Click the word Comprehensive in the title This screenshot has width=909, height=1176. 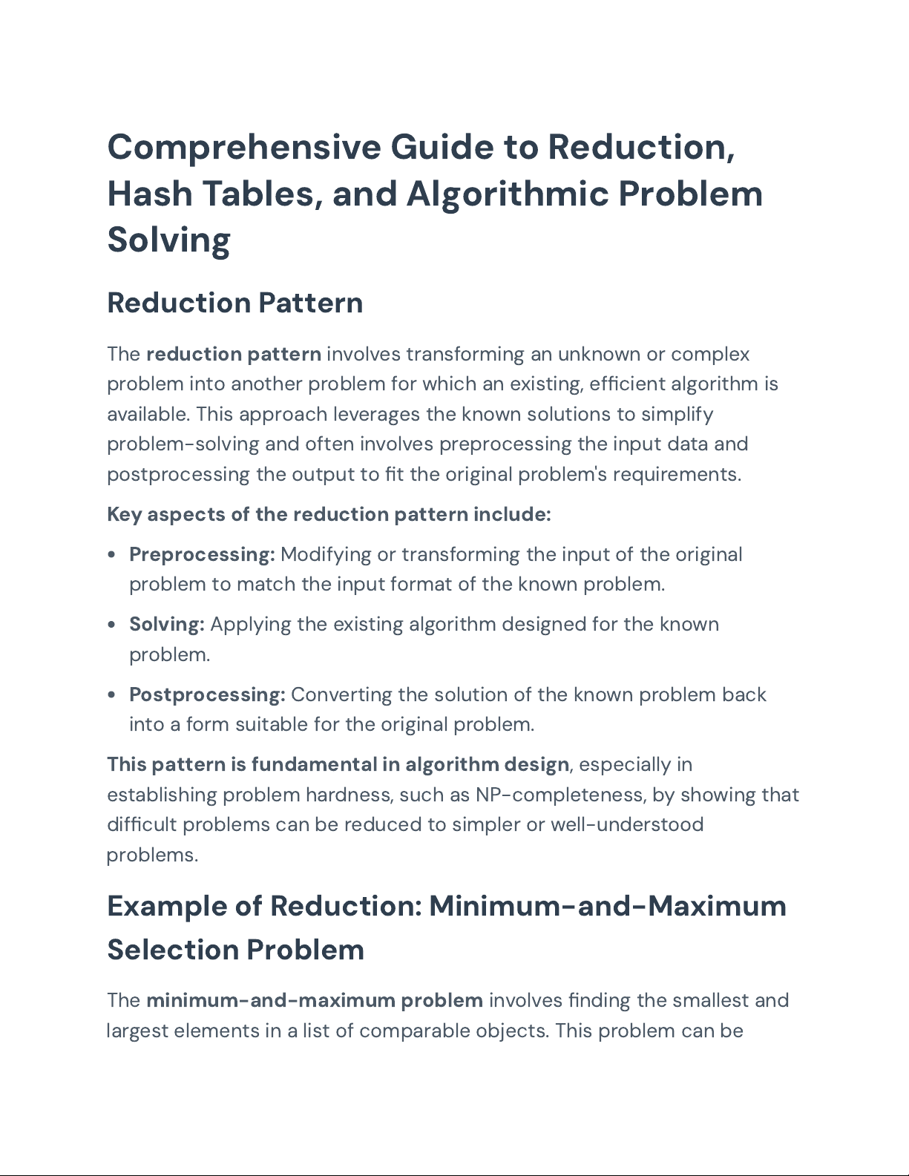tap(244, 147)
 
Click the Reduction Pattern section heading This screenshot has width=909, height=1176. tap(234, 303)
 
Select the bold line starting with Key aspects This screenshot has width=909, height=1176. tap(329, 514)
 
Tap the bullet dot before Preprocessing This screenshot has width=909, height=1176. tap(111, 555)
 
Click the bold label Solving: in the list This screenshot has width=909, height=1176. tap(167, 624)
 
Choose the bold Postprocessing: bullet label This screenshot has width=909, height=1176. tap(207, 694)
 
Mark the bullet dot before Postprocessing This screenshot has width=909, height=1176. tap(111, 695)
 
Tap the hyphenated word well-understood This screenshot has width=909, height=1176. tap(627, 824)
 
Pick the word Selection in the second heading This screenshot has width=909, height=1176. tap(173, 950)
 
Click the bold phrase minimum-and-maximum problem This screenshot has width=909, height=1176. tap(315, 1000)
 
